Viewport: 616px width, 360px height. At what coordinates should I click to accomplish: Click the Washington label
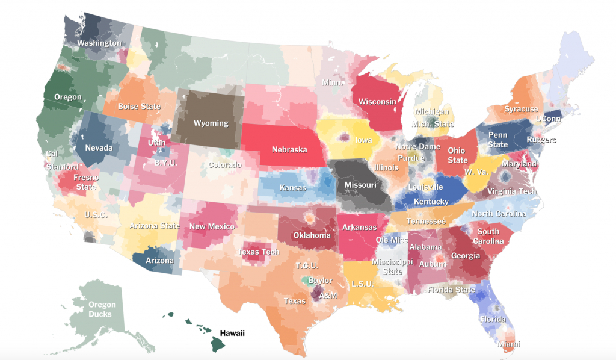pos(99,43)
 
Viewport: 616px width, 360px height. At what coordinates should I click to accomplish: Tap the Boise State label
pos(139,107)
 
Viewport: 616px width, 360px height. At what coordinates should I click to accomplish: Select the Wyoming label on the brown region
pos(211,123)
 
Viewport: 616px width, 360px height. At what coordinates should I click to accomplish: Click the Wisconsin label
pos(377,101)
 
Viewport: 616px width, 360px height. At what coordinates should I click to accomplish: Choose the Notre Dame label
pos(417,147)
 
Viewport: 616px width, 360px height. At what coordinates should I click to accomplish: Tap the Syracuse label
pos(521,109)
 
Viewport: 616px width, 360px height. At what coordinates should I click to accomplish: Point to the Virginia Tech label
pos(511,191)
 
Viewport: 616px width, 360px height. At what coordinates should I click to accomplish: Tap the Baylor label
pos(320,281)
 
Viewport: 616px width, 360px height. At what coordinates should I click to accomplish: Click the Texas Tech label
pos(258,252)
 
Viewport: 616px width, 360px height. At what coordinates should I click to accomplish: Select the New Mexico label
pos(212,226)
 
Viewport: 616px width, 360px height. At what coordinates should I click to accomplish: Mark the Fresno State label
pos(86,182)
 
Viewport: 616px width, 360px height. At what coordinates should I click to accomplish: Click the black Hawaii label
pos(232,333)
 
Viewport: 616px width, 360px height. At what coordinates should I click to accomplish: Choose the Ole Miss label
pos(391,240)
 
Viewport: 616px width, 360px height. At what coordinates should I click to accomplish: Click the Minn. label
pos(332,83)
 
